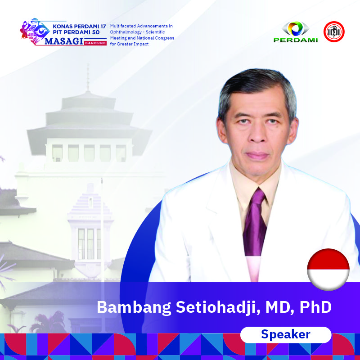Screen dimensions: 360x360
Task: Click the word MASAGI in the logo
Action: [64, 41]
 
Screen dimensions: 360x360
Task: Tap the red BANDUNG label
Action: [95, 43]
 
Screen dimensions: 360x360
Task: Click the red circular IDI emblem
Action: [334, 31]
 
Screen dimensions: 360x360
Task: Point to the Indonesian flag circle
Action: [328, 270]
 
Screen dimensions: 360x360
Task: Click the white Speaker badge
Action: [286, 335]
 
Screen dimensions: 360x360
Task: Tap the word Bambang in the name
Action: [134, 308]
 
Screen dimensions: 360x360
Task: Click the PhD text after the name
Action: [316, 307]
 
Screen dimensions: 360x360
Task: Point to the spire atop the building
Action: [88, 77]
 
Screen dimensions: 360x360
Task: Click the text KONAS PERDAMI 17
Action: [79, 27]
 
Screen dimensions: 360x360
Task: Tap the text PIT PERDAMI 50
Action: [76, 32]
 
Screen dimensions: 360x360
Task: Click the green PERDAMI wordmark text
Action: [296, 40]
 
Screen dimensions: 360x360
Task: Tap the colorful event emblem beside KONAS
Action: [35, 31]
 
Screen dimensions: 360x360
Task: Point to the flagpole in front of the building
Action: [102, 229]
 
